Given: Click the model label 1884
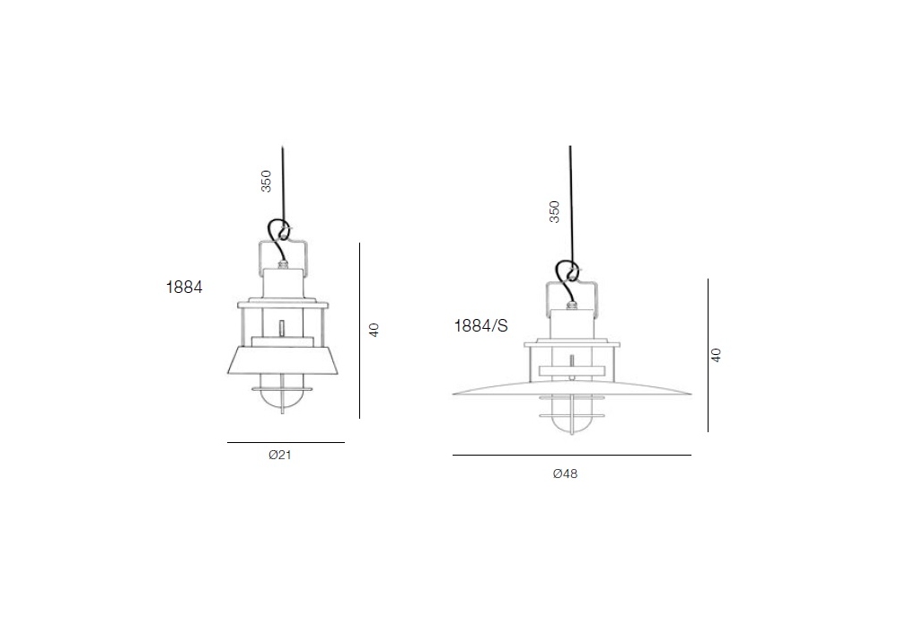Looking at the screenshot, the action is pyautogui.click(x=184, y=287).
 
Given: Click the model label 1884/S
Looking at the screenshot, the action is pyautogui.click(x=480, y=326).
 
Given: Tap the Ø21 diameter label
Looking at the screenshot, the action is pyautogui.click(x=280, y=455).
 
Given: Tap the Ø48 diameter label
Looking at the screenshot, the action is pyautogui.click(x=565, y=474).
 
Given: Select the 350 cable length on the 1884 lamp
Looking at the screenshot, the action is pyautogui.click(x=267, y=181).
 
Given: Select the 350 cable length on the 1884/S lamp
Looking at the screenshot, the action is pyautogui.click(x=554, y=211).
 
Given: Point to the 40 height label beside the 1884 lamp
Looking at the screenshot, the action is pyautogui.click(x=374, y=330).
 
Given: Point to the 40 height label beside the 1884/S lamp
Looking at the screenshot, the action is pyautogui.click(x=716, y=355).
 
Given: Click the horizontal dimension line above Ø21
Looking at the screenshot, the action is pyautogui.click(x=286, y=442).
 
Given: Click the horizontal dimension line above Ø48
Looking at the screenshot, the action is pyautogui.click(x=571, y=456).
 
